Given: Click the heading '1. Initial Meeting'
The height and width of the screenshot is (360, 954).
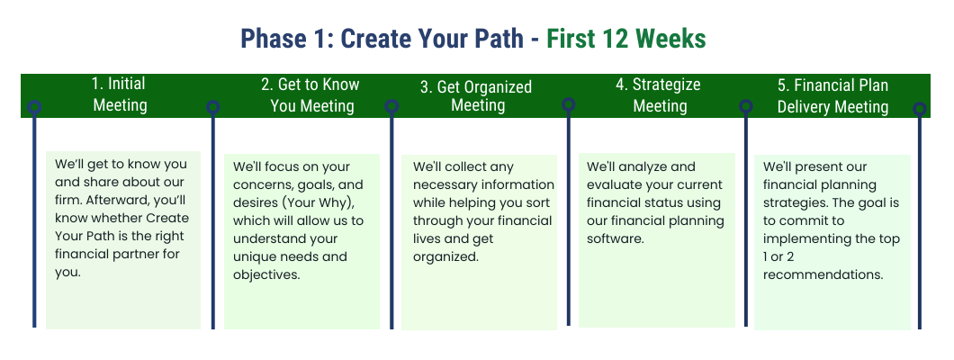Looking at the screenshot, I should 120,94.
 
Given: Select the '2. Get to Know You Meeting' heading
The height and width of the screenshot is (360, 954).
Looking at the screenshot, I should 310,95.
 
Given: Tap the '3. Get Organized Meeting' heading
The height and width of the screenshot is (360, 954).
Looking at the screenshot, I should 476,96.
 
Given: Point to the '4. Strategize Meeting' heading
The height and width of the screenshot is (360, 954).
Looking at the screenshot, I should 658,94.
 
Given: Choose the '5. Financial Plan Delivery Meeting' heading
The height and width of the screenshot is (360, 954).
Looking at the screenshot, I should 832,95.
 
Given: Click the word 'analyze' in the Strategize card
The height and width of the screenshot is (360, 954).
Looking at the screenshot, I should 670,166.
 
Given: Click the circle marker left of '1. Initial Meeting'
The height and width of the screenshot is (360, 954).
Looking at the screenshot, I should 34,107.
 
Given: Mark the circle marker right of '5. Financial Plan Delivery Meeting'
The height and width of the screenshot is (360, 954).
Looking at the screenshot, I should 920,108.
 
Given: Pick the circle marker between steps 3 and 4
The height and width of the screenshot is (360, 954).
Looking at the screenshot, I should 569,104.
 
